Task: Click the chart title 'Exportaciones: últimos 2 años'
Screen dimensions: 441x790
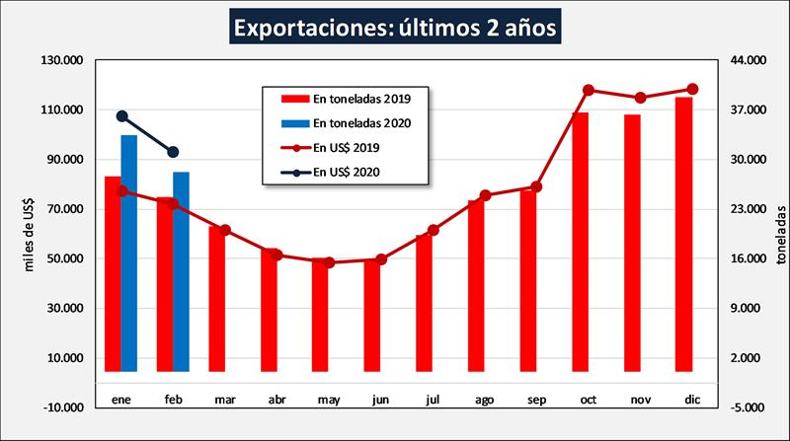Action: coord(395,26)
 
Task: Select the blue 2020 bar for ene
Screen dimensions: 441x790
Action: coord(129,253)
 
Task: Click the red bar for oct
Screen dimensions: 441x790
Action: coord(581,242)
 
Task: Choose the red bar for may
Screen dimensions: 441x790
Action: coord(320,315)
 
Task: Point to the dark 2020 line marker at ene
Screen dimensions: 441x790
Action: coord(122,116)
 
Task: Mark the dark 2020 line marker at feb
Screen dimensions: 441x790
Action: coord(174,152)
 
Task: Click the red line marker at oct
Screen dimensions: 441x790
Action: coord(589,90)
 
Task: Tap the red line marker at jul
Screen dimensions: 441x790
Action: coord(434,230)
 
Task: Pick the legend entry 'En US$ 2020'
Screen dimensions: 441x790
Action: coord(347,172)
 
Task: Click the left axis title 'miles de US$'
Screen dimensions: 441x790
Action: coord(31,233)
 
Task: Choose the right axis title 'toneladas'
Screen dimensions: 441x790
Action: coord(781,233)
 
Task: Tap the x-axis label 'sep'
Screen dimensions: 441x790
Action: coord(537,401)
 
